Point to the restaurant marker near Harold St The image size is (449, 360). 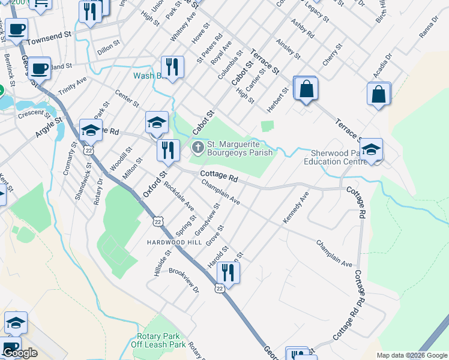228,272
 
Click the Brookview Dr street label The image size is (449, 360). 184,280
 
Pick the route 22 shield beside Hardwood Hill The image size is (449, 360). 157,221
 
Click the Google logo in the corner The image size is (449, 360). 20,353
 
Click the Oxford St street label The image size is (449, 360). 154,185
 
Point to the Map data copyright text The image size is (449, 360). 412,355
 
